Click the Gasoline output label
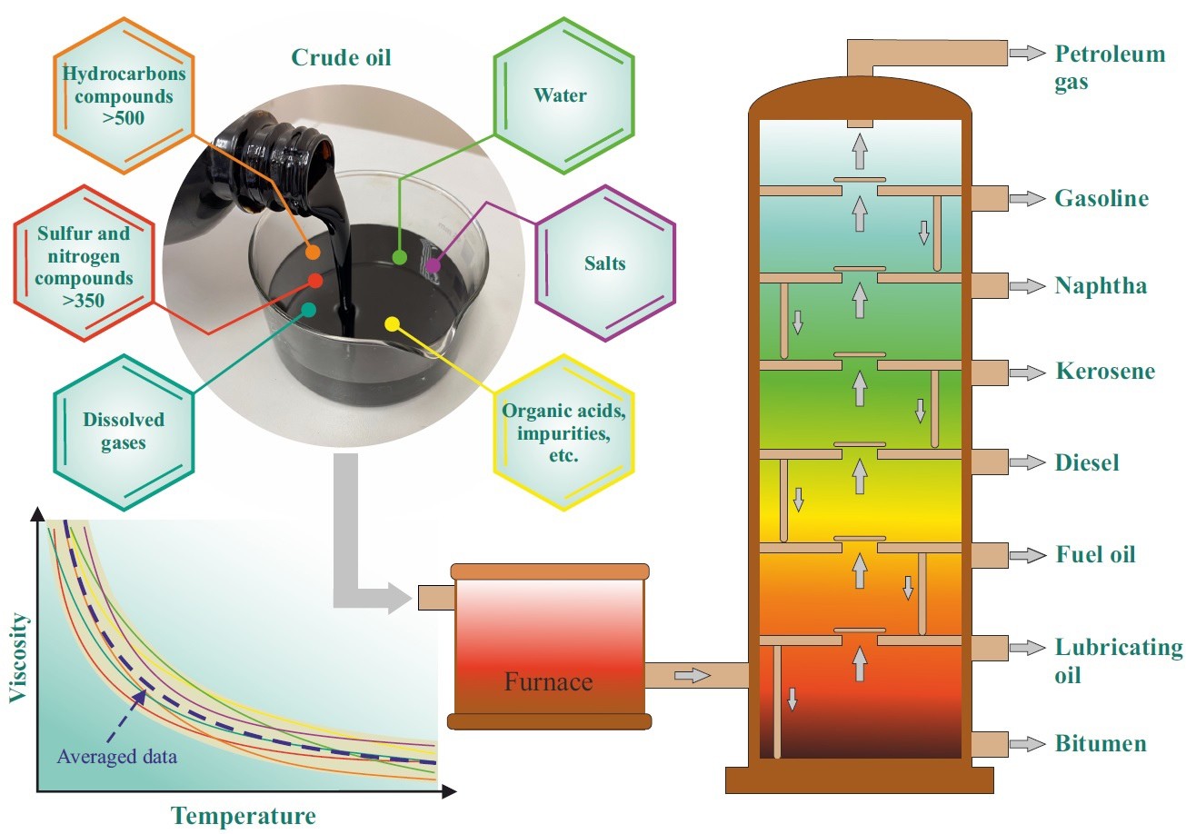coord(1101,198)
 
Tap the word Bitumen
coord(1101,744)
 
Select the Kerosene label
coord(1105,372)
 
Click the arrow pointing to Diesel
coord(1028,462)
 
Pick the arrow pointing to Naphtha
coord(1028,286)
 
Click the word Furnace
coord(549,681)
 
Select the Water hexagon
coord(560,95)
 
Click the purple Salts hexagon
coord(605,263)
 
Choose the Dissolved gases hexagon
coord(124,432)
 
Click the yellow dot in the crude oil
coord(393,323)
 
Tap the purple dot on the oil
coord(433,265)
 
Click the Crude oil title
coord(342,57)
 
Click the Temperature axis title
coord(244,816)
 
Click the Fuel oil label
coord(1095,554)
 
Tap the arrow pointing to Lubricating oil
coord(1028,648)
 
